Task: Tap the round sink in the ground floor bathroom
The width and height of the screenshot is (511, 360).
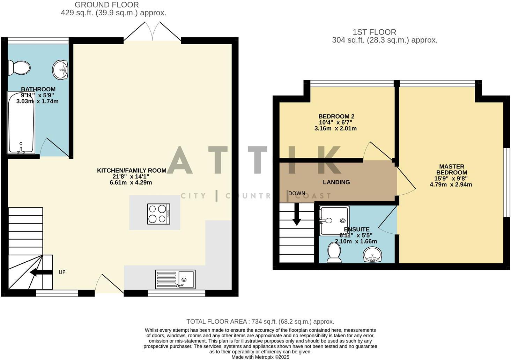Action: pyautogui.click(x=60, y=70)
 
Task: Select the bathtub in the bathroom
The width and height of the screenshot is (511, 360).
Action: pyautogui.click(x=21, y=123)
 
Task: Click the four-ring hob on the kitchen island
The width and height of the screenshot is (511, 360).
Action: pyautogui.click(x=158, y=214)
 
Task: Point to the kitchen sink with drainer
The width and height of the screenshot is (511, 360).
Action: pyautogui.click(x=175, y=279)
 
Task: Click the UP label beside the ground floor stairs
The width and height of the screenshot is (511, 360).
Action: pyautogui.click(x=62, y=272)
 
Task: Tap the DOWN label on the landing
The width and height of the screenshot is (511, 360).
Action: pyautogui.click(x=297, y=193)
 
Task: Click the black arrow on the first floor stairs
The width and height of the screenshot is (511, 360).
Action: pyautogui.click(x=297, y=215)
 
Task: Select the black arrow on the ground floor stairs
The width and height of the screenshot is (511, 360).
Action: pyautogui.click(x=39, y=272)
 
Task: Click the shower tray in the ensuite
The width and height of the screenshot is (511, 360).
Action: pyautogui.click(x=334, y=220)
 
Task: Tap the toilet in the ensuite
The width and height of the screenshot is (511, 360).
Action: pyautogui.click(x=334, y=252)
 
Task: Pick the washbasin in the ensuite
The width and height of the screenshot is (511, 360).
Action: pyautogui.click(x=373, y=255)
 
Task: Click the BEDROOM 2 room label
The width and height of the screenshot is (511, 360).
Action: pyautogui.click(x=336, y=117)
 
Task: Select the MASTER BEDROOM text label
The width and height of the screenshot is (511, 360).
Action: pyautogui.click(x=451, y=170)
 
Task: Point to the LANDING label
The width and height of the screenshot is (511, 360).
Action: pyautogui.click(x=336, y=182)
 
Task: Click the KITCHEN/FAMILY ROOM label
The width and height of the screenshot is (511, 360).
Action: pyautogui.click(x=132, y=171)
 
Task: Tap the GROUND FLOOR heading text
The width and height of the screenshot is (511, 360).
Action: pyautogui.click(x=106, y=5)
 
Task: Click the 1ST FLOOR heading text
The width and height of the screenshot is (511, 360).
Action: pyautogui.click(x=374, y=32)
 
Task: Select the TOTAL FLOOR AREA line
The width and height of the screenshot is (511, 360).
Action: pyautogui.click(x=260, y=322)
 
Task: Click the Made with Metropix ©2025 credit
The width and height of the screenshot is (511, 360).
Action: pyautogui.click(x=260, y=357)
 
